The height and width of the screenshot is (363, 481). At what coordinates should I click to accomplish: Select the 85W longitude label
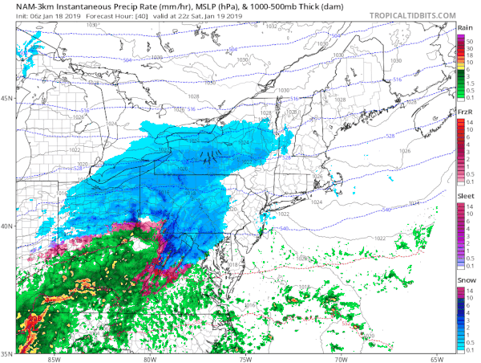click(x=54, y=358)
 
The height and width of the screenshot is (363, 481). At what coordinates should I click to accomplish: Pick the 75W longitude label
click(x=245, y=358)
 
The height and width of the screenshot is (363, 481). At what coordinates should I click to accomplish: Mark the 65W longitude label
click(x=437, y=358)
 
